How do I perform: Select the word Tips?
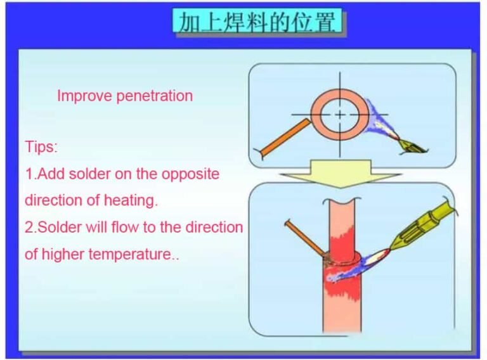[41, 147]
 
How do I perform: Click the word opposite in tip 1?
[190, 174]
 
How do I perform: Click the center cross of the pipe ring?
[340, 115]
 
